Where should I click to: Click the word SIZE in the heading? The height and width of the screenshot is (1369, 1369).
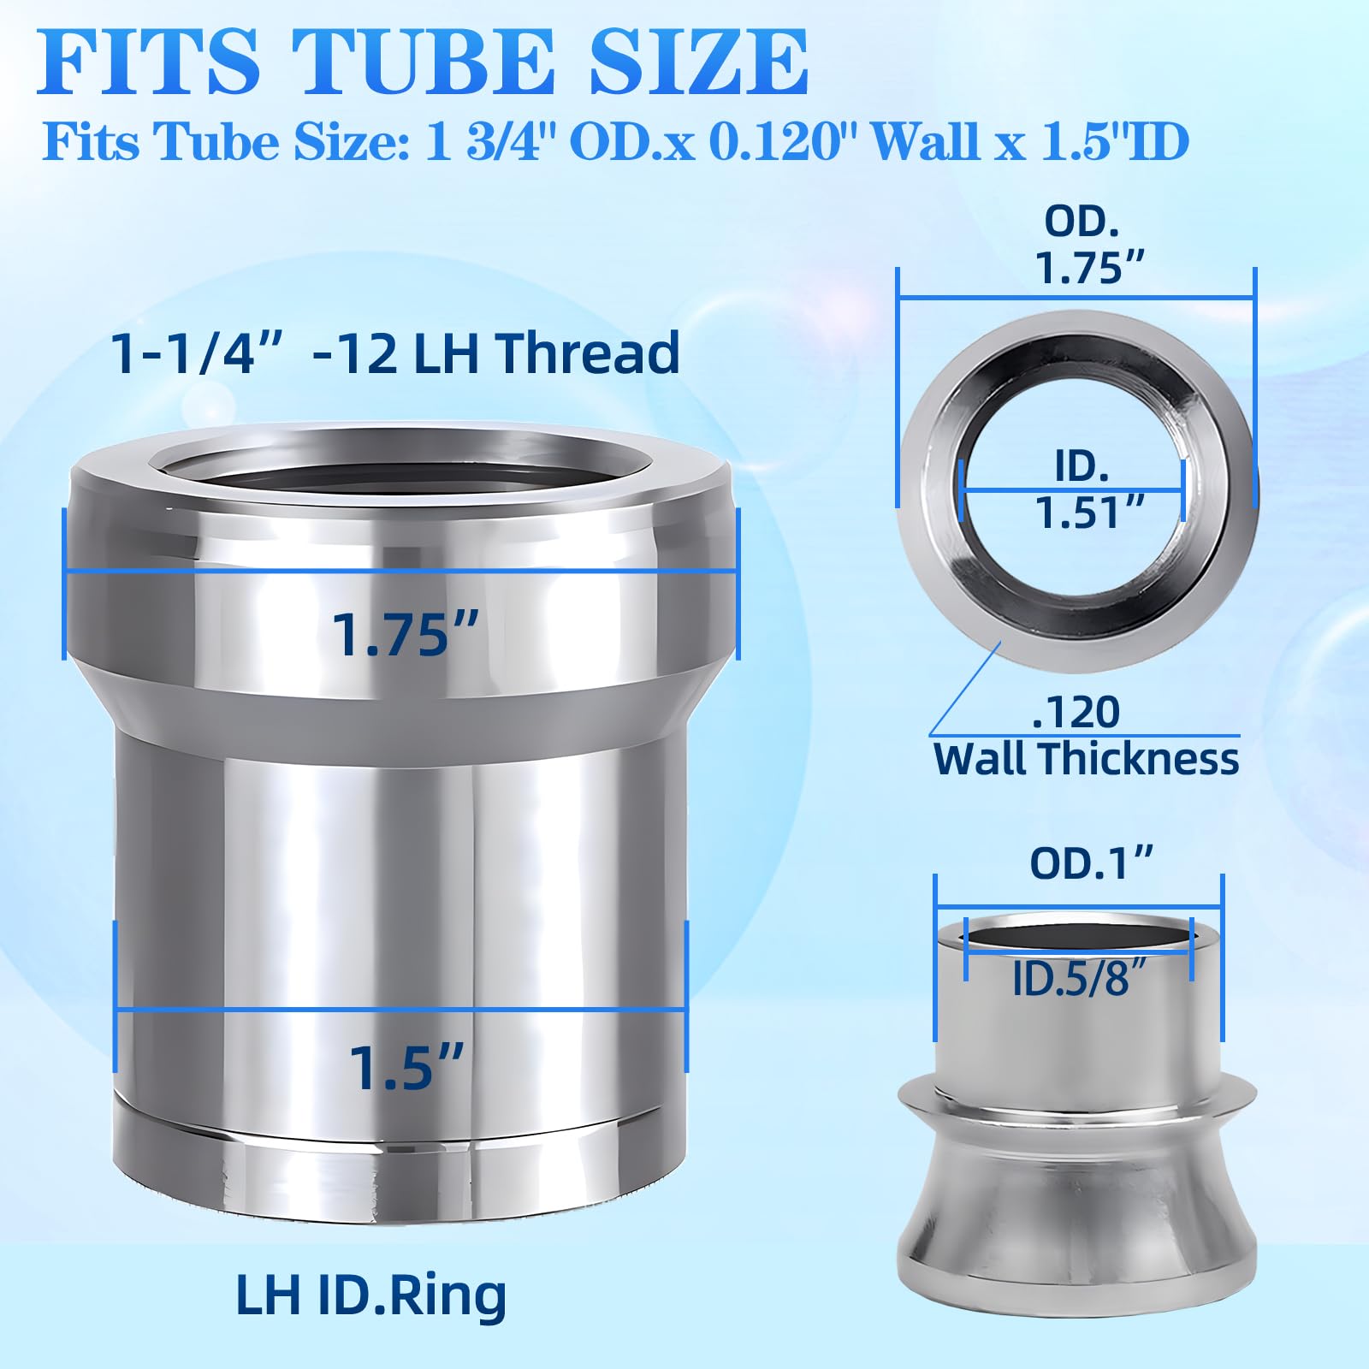697,62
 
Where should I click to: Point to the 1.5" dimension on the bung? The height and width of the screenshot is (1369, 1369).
406,1068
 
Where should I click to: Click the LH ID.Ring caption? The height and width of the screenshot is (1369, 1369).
370,1295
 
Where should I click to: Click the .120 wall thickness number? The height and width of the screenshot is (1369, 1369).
1076,712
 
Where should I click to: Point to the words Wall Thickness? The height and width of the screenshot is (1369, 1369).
1086,759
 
